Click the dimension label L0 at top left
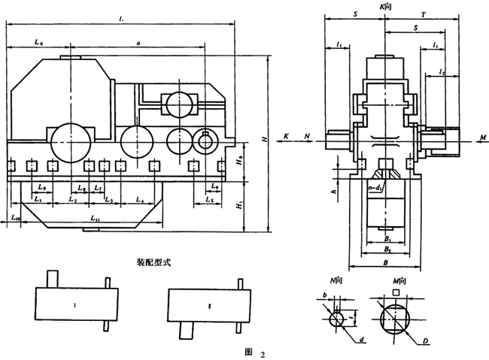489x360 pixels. [x=38, y=44]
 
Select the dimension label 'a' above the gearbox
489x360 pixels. [x=138, y=44]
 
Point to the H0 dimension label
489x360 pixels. [x=238, y=160]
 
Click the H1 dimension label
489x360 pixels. [x=238, y=203]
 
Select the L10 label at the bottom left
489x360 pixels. [x=17, y=217]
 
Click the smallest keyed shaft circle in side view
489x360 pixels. [x=205, y=140]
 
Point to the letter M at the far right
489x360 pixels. [x=481, y=138]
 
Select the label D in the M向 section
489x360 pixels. [x=426, y=342]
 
